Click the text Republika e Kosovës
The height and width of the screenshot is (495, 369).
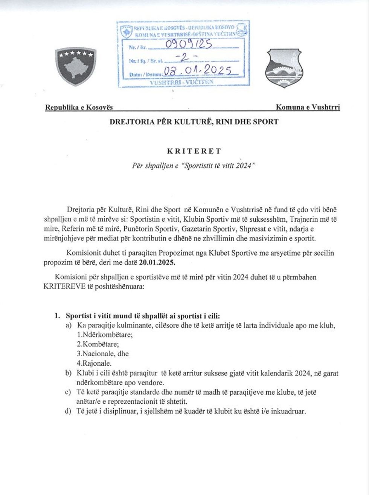coord(79,107)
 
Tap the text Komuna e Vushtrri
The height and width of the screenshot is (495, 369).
coord(308,107)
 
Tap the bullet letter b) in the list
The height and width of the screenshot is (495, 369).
coord(68,373)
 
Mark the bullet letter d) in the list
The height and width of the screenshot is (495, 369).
coord(68,411)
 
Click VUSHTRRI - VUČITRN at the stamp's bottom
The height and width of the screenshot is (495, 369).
coord(181,81)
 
